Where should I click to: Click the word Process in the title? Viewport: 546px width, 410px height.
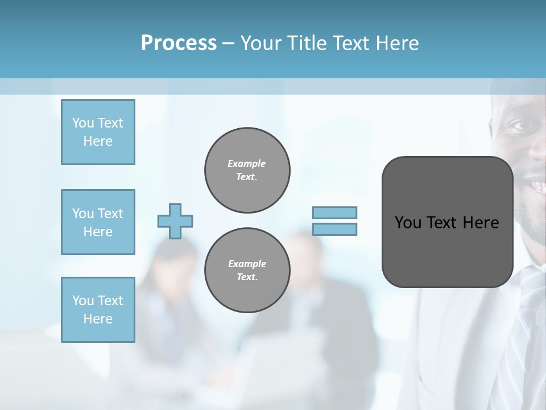point(179,43)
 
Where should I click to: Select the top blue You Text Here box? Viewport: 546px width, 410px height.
point(98,132)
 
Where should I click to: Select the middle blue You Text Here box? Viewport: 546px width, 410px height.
point(98,222)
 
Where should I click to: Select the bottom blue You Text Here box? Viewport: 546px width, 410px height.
point(98,309)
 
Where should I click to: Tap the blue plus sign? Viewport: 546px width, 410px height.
point(175,221)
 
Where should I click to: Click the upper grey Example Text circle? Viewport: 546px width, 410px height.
point(247,170)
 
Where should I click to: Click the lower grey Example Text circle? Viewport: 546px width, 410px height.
point(247,270)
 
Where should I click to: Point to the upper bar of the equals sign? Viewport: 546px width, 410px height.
point(334,212)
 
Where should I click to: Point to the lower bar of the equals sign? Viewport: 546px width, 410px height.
point(334,229)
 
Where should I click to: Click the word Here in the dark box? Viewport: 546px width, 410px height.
point(481,223)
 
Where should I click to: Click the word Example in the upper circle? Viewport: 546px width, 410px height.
point(247,163)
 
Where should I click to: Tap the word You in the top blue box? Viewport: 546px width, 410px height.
point(82,123)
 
